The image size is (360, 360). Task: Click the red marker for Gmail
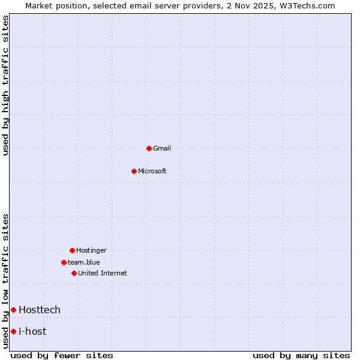149,148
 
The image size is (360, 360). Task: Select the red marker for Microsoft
134,171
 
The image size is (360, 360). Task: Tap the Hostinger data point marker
72,250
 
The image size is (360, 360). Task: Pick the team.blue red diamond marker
64,262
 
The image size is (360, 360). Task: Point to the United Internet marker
74,273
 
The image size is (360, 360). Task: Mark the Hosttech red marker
13,310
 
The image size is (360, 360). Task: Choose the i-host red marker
13,331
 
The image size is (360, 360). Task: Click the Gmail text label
162,148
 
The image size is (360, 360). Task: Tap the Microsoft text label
152,171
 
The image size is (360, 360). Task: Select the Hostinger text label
91,250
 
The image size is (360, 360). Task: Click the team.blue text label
83,262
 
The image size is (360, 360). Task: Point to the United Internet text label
102,273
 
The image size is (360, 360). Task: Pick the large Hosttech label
40,310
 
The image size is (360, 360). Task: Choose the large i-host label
32,331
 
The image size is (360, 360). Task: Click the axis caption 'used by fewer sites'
62,355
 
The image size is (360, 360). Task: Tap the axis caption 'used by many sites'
301,355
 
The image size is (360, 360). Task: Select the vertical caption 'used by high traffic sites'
5,85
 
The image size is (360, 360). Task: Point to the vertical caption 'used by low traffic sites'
5,280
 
